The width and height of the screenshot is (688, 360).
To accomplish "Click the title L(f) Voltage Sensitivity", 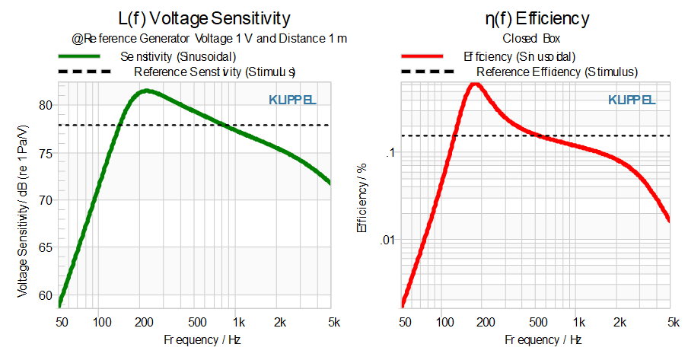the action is [x=204, y=19].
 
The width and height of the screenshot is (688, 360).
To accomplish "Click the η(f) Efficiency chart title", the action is [x=537, y=19].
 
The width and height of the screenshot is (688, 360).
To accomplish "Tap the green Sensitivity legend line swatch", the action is [x=79, y=56].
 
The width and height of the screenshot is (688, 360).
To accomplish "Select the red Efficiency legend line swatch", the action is [x=422, y=56].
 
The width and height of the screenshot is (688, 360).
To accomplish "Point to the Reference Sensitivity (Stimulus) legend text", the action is [x=215, y=72].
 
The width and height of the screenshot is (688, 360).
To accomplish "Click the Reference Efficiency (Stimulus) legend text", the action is [x=557, y=72].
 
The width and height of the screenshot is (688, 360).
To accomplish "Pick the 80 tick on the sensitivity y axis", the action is [x=45, y=105].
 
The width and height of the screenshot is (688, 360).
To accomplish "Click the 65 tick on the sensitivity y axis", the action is [x=45, y=247].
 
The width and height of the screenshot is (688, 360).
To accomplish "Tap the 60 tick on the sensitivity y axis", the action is [x=45, y=295].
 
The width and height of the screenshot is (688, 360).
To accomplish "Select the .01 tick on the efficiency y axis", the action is [x=387, y=241].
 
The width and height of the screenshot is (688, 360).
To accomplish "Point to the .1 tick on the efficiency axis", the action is [x=390, y=153].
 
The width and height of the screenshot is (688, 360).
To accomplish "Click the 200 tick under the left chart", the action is [x=144, y=323].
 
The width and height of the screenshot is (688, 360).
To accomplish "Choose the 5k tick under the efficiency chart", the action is [x=674, y=323].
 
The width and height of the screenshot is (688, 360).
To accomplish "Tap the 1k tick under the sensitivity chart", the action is [x=239, y=323].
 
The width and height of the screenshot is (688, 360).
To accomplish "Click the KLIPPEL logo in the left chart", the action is [x=292, y=100].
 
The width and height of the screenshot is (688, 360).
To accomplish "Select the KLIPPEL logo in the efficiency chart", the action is [x=632, y=100].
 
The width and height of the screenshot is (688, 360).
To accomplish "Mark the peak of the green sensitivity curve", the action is [x=147, y=91].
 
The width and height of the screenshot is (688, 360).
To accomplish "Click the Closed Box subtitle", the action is [x=531, y=39].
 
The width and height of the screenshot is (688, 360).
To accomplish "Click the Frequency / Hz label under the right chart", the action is [x=543, y=339].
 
